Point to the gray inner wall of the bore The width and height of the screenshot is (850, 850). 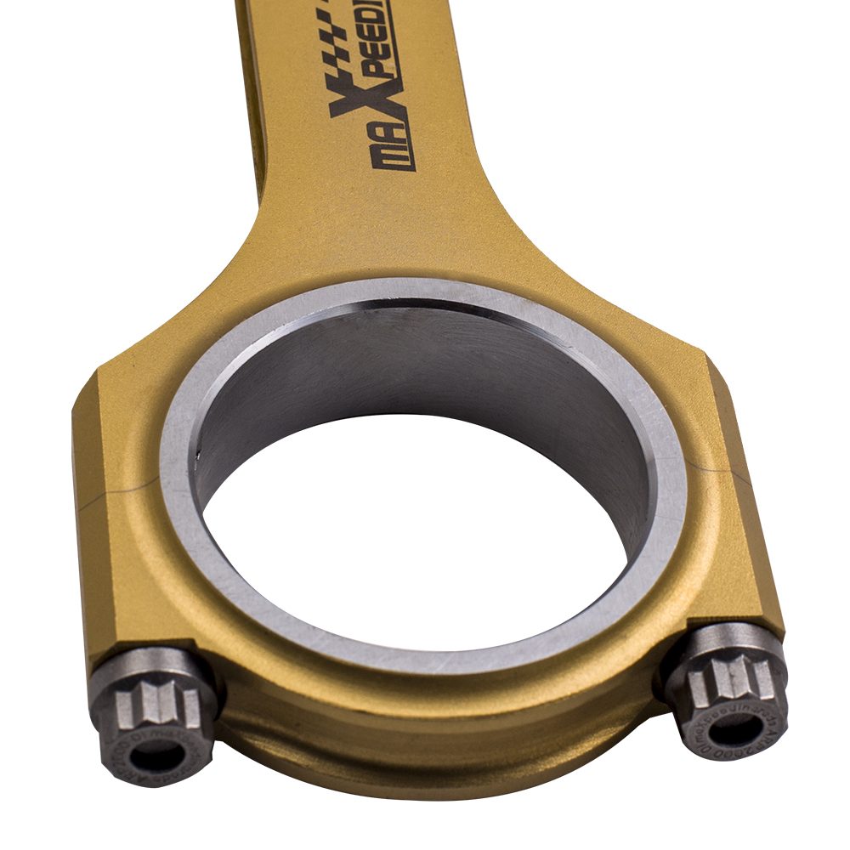pos(425,365)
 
